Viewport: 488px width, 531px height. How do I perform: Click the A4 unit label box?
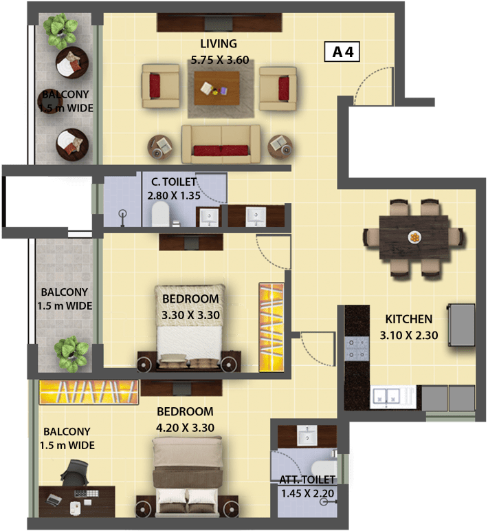[342, 52]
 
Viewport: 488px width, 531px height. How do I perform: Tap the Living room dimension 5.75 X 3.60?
[220, 61]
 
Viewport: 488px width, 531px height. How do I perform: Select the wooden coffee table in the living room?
[217, 89]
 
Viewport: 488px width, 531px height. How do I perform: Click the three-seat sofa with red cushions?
[221, 144]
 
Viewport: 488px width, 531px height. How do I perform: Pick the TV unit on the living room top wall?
[219, 23]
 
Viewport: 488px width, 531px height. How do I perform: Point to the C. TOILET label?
[174, 182]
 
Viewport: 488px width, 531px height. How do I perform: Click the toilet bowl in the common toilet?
[160, 215]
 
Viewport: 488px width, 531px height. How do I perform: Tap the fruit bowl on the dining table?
[414, 237]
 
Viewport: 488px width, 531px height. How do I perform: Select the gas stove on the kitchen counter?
[357, 349]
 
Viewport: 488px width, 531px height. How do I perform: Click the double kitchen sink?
[386, 396]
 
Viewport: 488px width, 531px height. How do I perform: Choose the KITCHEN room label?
[409, 319]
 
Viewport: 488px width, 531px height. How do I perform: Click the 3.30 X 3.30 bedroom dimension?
[190, 315]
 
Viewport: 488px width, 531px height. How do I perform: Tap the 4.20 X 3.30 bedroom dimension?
[185, 428]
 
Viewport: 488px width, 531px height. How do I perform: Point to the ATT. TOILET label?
[307, 479]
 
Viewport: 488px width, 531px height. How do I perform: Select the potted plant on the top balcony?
[62, 31]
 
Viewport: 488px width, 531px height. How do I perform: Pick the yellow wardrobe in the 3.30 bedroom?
[271, 327]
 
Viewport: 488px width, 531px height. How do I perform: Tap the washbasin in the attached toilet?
[307, 436]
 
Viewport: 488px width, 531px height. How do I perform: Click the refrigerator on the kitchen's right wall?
[462, 325]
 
